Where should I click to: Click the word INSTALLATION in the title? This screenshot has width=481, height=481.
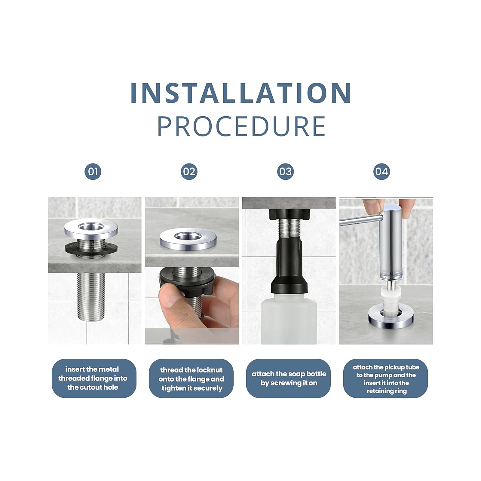pos(241,93)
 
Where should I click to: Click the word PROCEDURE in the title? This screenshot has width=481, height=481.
pos(241,126)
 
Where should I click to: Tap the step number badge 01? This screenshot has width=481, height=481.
pos(93,172)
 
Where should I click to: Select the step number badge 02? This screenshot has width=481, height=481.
pos(189,172)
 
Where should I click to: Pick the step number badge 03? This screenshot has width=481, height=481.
pos(285,172)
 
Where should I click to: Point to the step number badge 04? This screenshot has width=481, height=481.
pos(381,172)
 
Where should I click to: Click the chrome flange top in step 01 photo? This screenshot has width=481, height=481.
pos(91,228)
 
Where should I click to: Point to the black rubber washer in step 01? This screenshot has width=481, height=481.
pos(91,248)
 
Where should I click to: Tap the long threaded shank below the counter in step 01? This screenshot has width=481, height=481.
pos(91,296)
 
